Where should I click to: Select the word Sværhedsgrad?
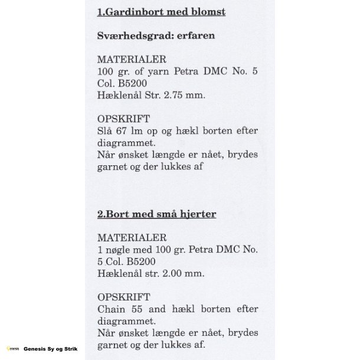[135, 36]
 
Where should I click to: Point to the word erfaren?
[195, 35]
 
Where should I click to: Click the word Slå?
[105, 130]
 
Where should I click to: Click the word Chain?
[112, 309]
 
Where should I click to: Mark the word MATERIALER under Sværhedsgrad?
[132, 60]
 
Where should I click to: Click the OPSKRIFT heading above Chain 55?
[123, 296]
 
